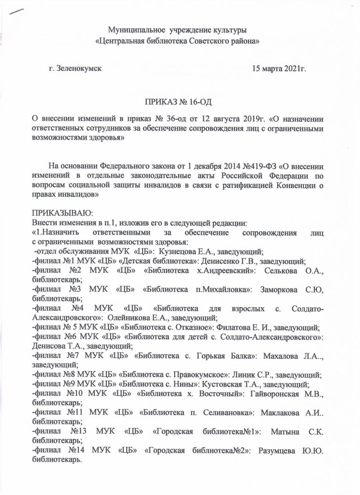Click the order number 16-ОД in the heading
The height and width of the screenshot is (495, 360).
pos(199,102)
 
